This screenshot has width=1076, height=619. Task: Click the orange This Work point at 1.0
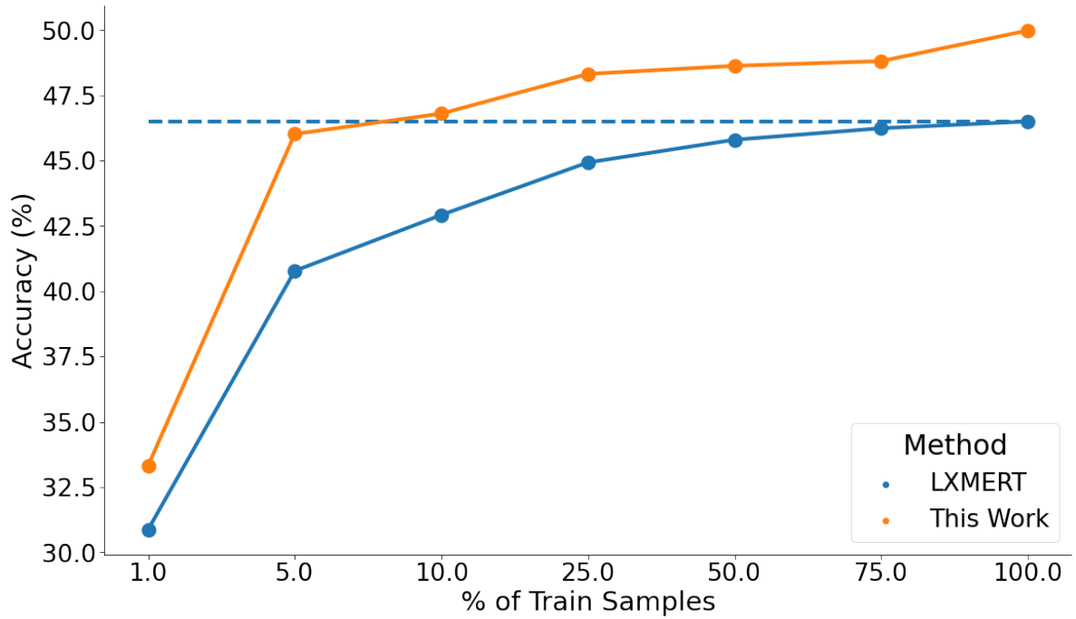(149, 466)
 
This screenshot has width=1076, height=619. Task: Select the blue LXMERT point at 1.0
(149, 530)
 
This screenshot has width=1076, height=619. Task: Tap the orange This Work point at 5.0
(295, 134)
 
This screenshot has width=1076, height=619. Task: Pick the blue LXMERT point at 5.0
(295, 271)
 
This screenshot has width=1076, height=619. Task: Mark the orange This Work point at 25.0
(588, 74)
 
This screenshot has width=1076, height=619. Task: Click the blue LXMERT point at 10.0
(441, 216)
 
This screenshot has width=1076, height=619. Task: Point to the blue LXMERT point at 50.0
(735, 140)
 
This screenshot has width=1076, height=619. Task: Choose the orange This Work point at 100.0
(1028, 31)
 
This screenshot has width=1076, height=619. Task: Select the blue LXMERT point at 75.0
(881, 128)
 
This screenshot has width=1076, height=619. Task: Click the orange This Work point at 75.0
(881, 62)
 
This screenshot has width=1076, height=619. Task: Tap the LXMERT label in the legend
(965, 482)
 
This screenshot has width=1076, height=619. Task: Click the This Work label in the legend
(988, 518)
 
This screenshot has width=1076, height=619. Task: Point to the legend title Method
(955, 445)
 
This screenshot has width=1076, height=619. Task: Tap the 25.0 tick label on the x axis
(588, 574)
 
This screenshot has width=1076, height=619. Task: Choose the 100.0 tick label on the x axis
(1028, 574)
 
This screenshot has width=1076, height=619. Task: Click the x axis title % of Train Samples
(588, 602)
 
